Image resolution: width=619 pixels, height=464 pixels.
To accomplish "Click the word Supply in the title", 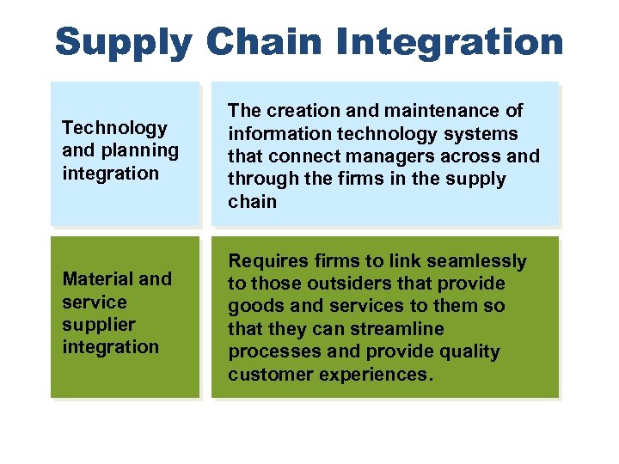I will point(123,41).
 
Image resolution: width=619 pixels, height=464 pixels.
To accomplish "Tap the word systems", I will point(484,133).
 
